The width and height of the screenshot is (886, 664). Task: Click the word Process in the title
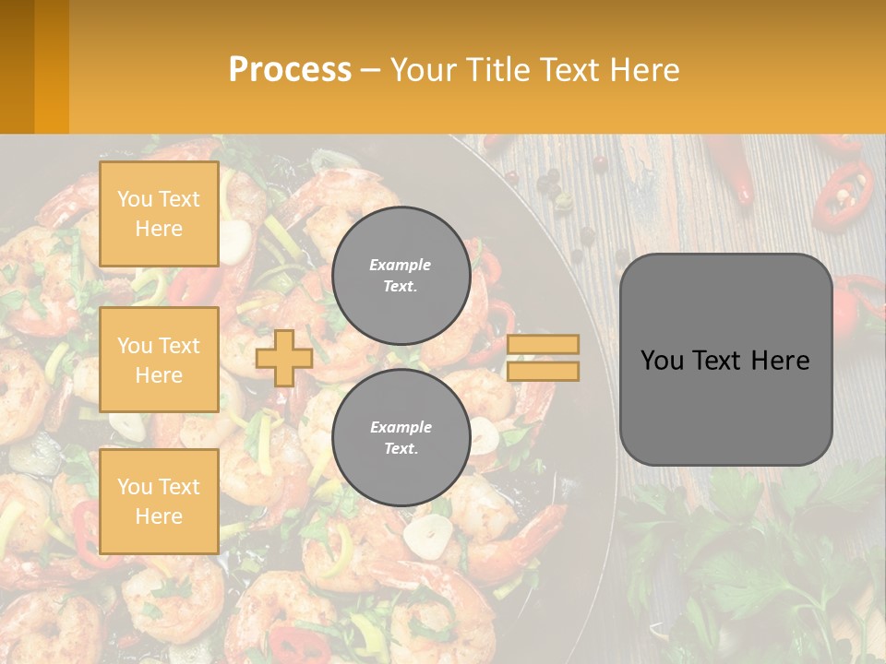[290, 70]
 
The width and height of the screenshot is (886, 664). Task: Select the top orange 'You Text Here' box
[159, 214]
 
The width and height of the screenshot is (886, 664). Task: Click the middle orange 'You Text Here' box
[159, 360]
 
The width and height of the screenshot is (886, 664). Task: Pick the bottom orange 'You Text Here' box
[159, 501]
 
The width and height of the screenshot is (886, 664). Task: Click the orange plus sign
[283, 358]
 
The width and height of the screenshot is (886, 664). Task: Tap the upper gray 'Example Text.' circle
[401, 275]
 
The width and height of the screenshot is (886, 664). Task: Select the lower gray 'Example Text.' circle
[401, 437]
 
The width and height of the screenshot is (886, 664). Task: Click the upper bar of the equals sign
[543, 345]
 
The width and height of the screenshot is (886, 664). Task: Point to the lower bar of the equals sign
[543, 371]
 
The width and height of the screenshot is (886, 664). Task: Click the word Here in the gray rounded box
[780, 361]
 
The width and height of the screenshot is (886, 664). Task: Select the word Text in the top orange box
[179, 199]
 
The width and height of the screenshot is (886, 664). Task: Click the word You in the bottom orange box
[135, 487]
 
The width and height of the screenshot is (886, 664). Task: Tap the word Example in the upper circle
[400, 265]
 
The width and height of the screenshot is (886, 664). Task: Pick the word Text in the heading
[570, 70]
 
